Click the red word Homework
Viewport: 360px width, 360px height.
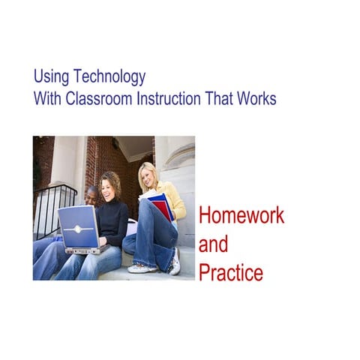click(241, 216)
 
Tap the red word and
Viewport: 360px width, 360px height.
click(213, 244)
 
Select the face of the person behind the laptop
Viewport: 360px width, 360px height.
click(91, 196)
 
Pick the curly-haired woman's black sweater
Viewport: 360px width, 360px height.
click(114, 222)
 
